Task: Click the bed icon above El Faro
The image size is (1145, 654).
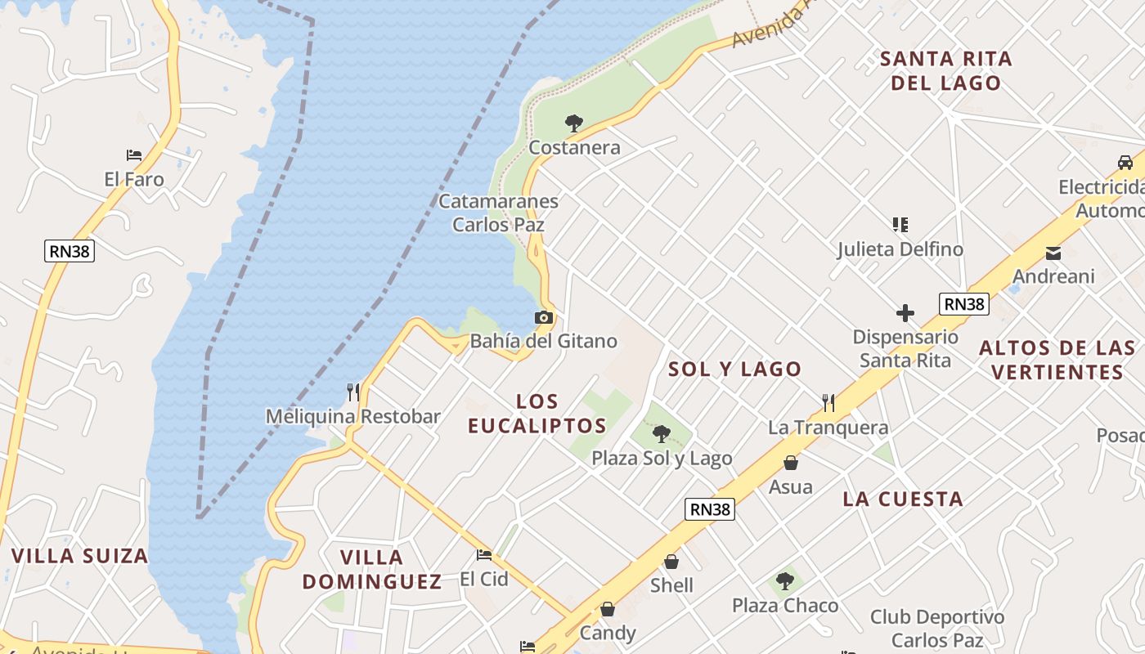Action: point(134,155)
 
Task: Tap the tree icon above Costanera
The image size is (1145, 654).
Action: point(574,123)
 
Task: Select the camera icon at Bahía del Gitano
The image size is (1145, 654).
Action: point(544,317)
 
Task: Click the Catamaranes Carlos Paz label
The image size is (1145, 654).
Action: point(498,213)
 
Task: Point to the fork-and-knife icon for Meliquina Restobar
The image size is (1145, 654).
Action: point(353,392)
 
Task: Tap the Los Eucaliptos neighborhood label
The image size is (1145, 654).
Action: point(537,413)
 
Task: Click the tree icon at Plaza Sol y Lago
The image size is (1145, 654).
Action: point(662,434)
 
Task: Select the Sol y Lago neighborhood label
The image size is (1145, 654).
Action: point(734,369)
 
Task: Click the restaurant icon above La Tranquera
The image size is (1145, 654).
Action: point(828,402)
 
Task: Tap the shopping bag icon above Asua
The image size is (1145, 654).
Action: point(791,463)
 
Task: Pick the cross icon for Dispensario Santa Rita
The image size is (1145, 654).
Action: point(905,313)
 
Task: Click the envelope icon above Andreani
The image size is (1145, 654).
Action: point(1053,253)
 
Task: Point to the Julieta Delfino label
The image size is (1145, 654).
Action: point(900,249)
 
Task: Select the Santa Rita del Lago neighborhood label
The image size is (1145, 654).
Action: point(945,70)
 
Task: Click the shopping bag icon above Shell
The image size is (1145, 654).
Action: point(671,562)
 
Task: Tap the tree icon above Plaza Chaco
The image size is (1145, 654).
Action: point(785,581)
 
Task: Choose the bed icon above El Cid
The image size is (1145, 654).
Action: point(484,555)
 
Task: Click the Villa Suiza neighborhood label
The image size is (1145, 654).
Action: point(79,556)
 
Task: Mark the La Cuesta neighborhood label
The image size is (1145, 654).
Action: point(903,499)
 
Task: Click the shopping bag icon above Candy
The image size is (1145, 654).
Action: point(608,609)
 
